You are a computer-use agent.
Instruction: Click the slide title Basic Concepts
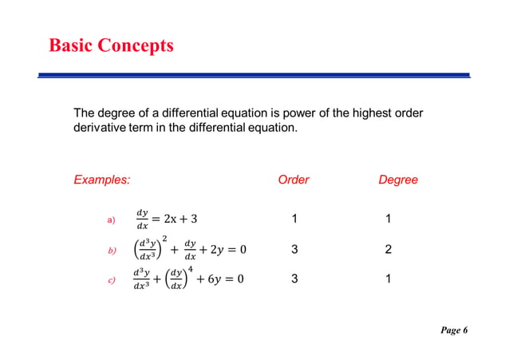coord(111,45)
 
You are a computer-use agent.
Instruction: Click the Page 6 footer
coord(451,330)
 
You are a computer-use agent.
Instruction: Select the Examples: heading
coord(101,180)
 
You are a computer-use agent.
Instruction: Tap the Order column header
coord(294,180)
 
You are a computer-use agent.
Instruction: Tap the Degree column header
coord(398,180)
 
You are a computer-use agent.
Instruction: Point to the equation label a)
coord(110,220)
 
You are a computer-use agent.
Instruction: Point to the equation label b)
coord(111,251)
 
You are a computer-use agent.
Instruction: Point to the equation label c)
coord(111,280)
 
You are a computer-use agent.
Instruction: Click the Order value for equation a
coord(294,219)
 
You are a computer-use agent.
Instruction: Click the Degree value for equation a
coord(388,219)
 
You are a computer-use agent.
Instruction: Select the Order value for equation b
coord(294,250)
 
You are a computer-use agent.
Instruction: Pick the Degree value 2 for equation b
coord(388,250)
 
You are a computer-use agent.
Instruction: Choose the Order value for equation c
coord(294,280)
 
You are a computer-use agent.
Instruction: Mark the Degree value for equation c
coord(388,280)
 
